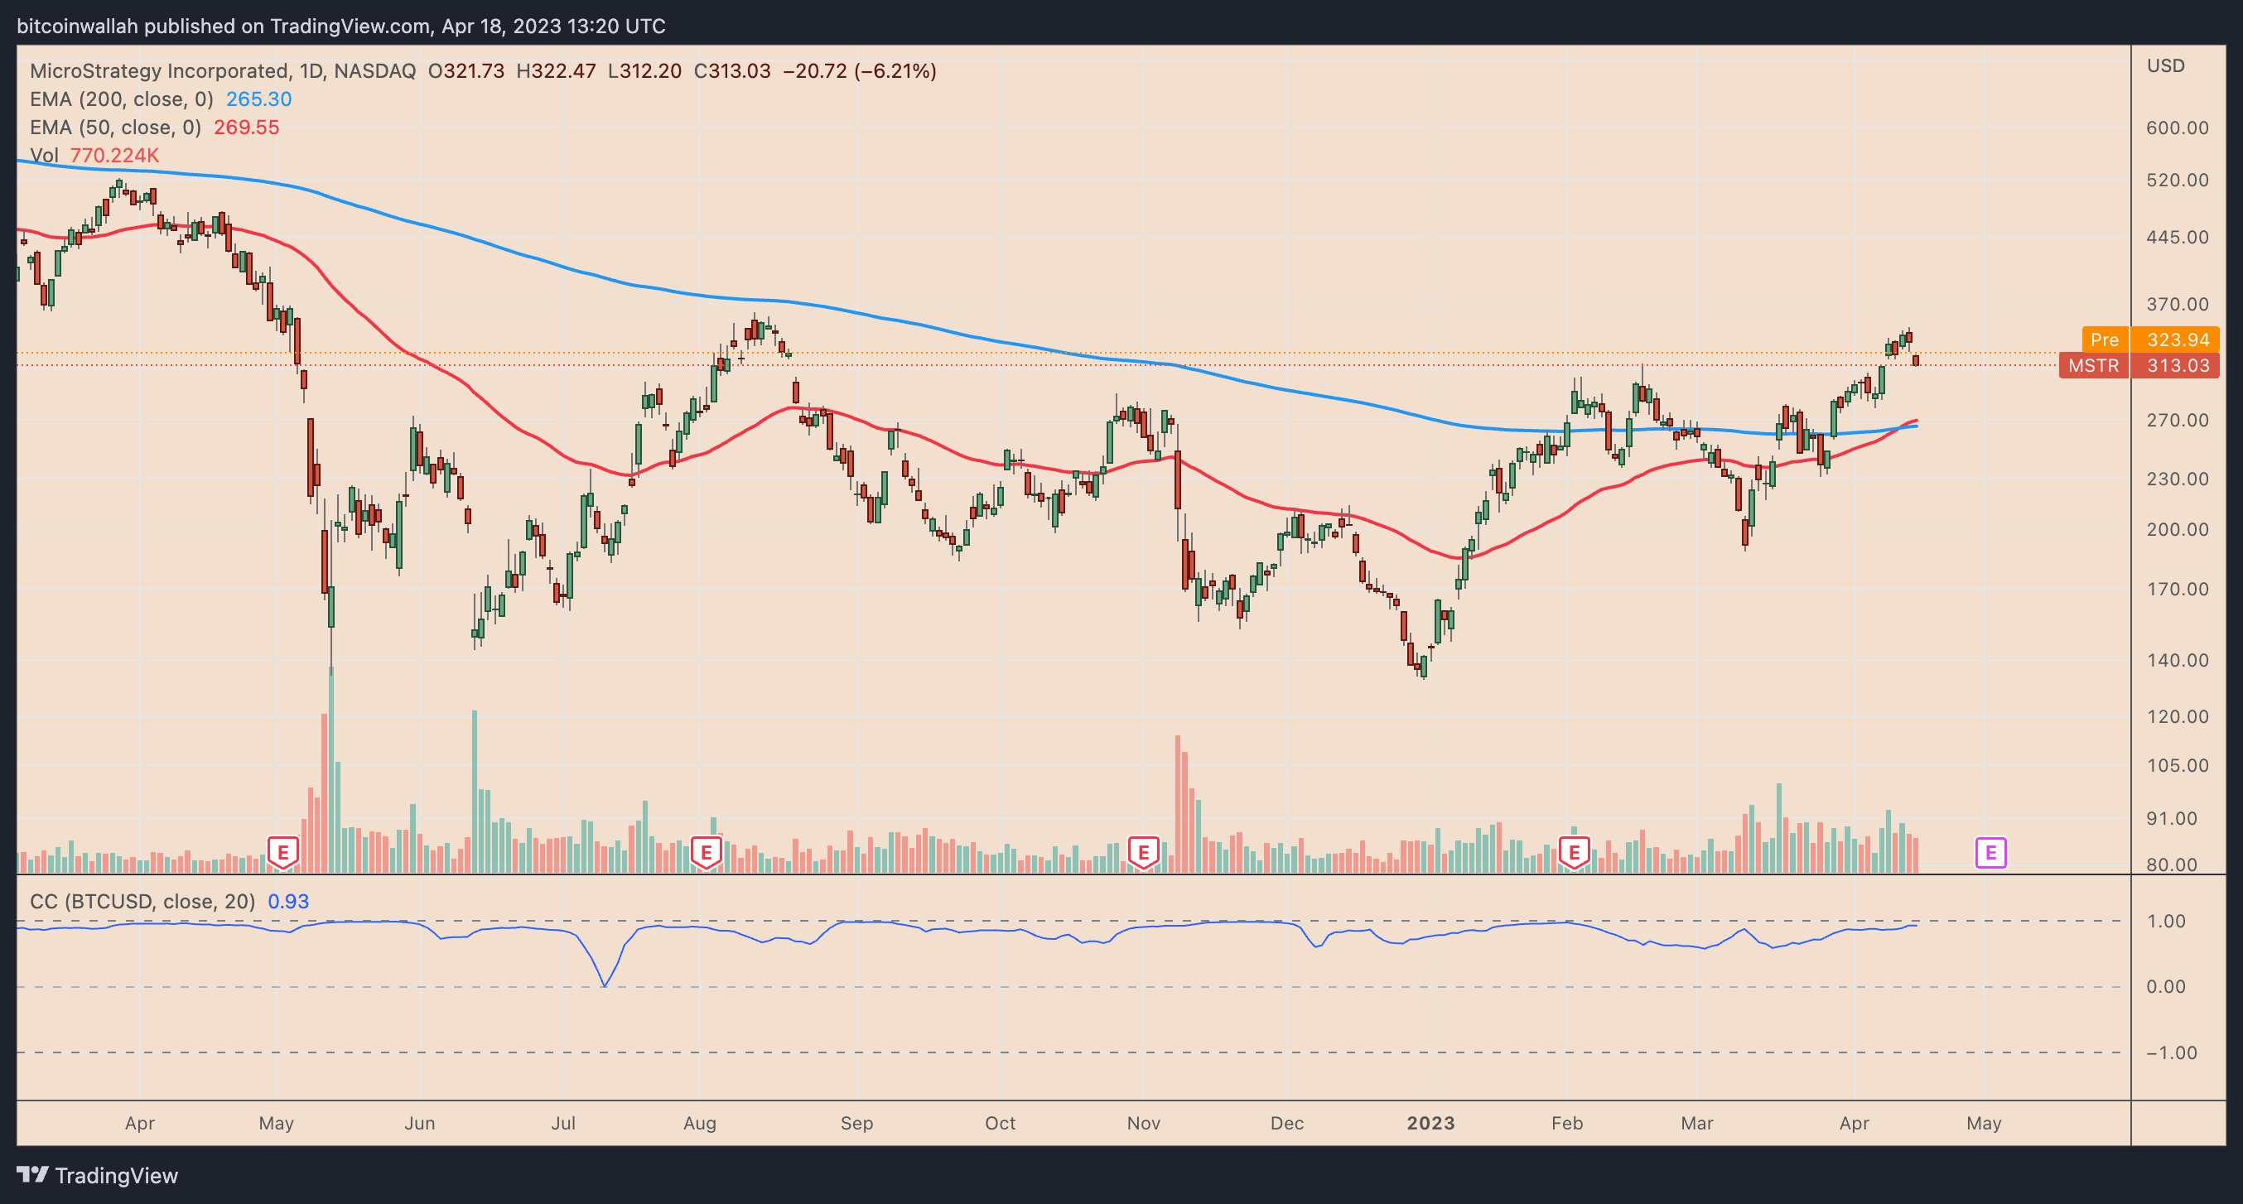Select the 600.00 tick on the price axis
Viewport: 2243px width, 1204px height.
[x=2177, y=128]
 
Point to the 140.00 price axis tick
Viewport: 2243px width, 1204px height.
[x=2177, y=660]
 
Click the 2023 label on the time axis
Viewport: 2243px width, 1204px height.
[x=1430, y=1123]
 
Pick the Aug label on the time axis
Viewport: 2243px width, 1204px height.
[x=699, y=1123]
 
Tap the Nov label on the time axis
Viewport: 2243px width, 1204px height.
[x=1143, y=1123]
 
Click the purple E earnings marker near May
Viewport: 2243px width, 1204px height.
[x=1990, y=852]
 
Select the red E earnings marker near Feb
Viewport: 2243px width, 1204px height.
[x=1574, y=851]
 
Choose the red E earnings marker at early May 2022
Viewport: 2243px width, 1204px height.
[x=282, y=851]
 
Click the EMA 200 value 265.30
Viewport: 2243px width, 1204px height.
[x=258, y=99]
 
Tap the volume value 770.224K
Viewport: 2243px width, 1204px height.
[x=114, y=155]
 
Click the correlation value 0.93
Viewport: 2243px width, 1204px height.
[x=287, y=901]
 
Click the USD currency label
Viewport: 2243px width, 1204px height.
[x=2165, y=66]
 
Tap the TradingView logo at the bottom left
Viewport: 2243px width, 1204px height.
[x=98, y=1175]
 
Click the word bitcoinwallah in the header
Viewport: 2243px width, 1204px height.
[x=78, y=26]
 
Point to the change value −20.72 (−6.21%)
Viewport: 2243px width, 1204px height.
[x=860, y=70]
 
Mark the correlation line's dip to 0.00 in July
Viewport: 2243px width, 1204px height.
[x=605, y=985]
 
